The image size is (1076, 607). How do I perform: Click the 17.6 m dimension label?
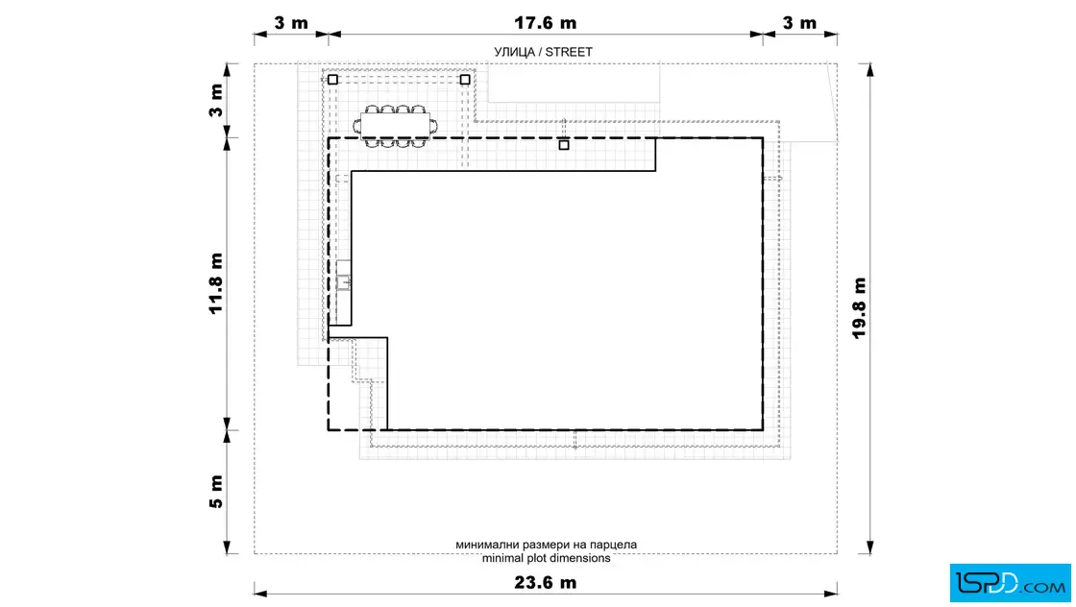point(545,23)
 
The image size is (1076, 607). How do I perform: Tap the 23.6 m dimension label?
point(545,582)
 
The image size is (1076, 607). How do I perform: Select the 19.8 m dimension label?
point(859,308)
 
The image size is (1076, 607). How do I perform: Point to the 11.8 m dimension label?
point(216,283)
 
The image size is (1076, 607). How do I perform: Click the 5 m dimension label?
point(216,492)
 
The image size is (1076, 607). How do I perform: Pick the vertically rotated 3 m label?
point(216,100)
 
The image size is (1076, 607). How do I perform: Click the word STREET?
point(569,52)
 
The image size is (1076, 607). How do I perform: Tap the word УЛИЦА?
point(514,52)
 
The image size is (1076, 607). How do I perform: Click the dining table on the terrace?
point(395,126)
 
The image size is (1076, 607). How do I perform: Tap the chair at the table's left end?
point(356,126)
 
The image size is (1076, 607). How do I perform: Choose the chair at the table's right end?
point(433,126)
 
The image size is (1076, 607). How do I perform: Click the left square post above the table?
point(332,80)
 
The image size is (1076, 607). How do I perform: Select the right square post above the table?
point(465,80)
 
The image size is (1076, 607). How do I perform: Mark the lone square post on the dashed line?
point(564,145)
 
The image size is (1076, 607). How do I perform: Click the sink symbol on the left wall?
point(343,282)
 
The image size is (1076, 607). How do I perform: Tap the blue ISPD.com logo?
point(1010,583)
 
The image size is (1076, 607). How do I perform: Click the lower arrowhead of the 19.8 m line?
point(870,547)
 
